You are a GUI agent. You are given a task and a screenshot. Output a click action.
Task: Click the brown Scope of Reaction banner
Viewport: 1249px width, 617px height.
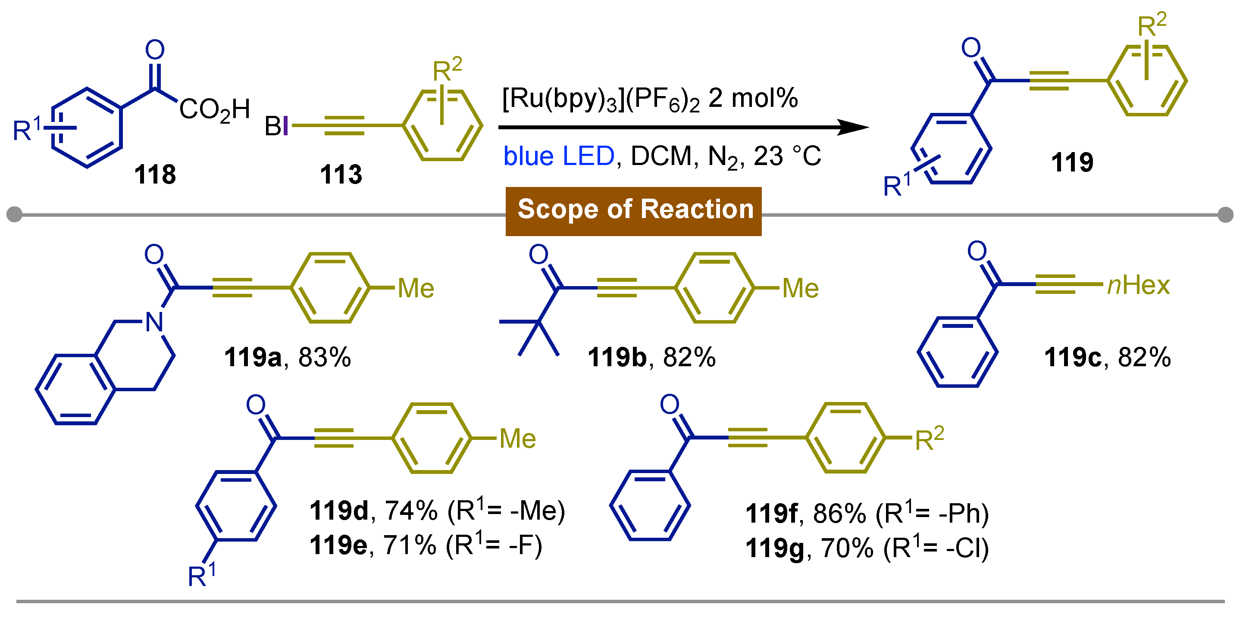click(x=633, y=211)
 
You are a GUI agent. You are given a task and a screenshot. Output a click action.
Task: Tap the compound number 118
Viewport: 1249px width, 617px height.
click(x=155, y=175)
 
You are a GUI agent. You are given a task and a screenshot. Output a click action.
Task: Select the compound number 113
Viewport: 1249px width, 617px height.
click(x=341, y=175)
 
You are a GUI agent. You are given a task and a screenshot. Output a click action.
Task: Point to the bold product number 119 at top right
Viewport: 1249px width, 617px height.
click(x=1072, y=162)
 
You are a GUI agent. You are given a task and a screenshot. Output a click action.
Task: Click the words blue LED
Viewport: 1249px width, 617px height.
click(x=559, y=156)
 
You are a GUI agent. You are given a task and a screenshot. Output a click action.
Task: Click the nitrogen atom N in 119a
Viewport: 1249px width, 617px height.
click(x=154, y=322)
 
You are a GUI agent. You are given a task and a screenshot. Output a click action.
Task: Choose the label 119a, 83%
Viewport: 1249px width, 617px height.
click(x=287, y=358)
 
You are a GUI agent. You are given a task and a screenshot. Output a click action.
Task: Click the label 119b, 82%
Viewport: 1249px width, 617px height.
click(x=651, y=358)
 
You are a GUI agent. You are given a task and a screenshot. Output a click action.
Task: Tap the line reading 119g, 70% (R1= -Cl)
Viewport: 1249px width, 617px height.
click(x=867, y=548)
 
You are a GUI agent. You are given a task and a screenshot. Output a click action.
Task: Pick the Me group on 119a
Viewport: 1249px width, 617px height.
click(x=416, y=288)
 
